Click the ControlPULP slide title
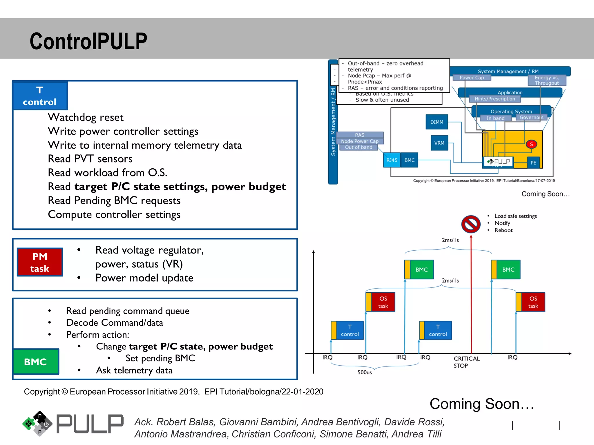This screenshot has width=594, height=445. (88, 41)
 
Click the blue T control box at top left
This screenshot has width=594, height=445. (40, 96)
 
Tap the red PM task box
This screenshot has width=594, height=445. (40, 262)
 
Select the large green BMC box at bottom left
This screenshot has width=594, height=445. (36, 362)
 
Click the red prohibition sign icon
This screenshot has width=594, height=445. (471, 224)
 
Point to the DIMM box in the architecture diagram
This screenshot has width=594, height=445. (437, 122)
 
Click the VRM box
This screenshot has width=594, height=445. (439, 143)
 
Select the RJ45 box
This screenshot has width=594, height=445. (392, 160)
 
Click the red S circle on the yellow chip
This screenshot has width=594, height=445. (531, 144)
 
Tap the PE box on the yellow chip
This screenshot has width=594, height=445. (533, 163)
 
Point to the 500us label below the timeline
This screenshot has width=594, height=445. (364, 372)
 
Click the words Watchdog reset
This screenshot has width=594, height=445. (86, 117)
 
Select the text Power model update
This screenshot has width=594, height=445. (144, 278)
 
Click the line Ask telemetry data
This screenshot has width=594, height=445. (134, 370)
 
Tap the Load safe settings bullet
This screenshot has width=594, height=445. (515, 216)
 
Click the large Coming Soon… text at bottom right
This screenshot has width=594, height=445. (481, 404)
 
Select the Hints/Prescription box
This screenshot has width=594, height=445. (495, 99)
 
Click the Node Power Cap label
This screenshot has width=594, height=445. (360, 141)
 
